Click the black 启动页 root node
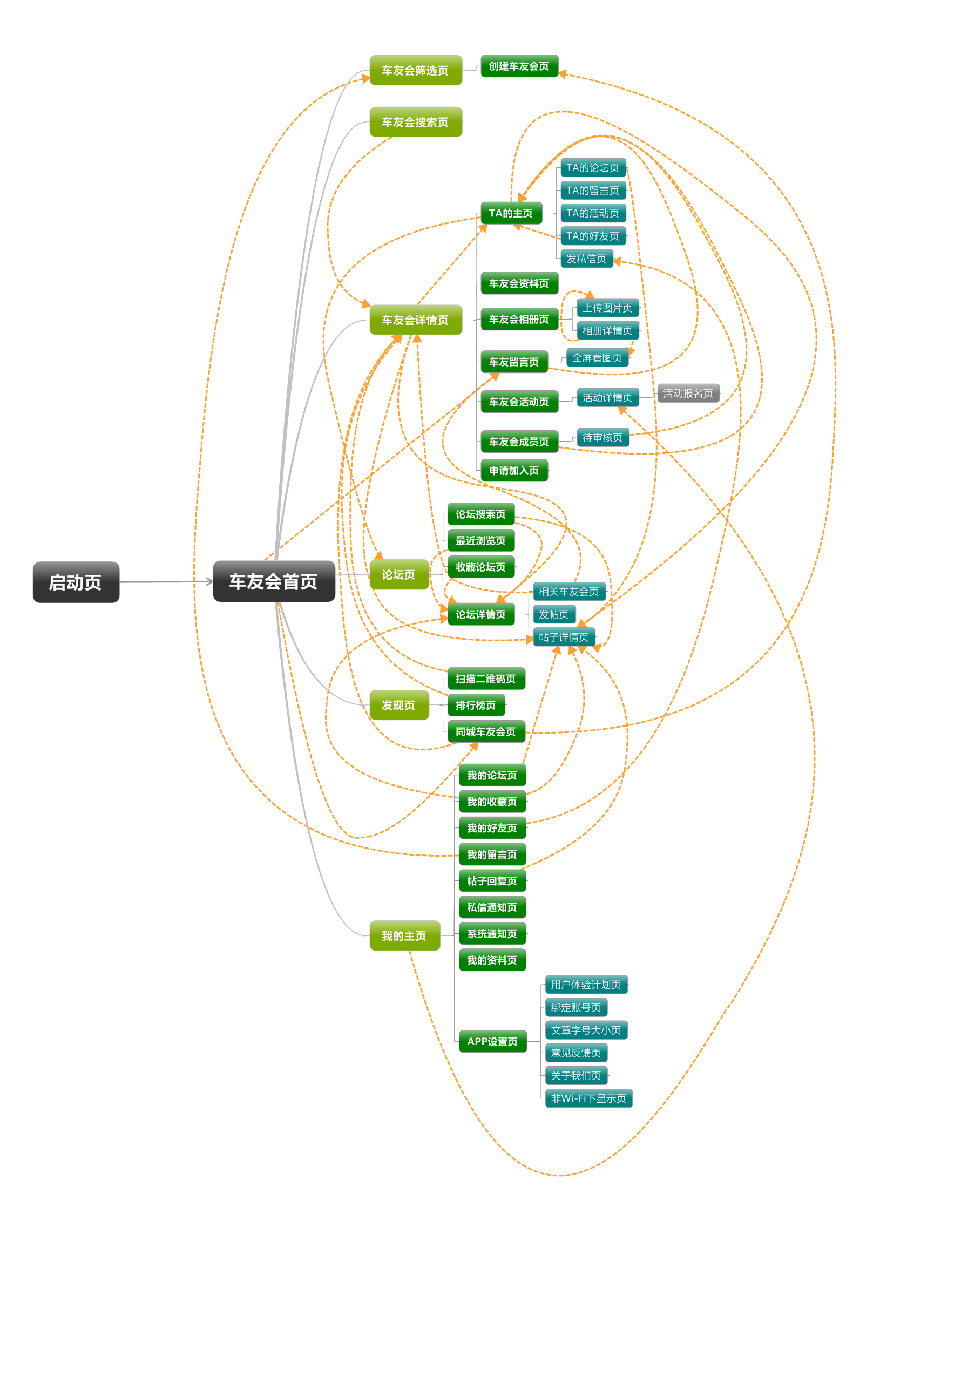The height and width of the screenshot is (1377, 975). [76, 582]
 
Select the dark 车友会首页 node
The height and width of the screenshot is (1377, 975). [274, 581]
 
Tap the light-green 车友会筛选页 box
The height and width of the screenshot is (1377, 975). [416, 70]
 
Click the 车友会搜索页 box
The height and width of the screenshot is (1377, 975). [416, 122]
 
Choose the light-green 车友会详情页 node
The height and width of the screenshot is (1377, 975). [416, 320]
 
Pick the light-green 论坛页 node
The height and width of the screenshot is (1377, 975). [398, 574]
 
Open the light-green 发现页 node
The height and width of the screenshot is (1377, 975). [398, 705]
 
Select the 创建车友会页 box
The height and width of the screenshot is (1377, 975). [519, 66]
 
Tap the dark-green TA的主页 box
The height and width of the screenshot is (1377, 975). [511, 213]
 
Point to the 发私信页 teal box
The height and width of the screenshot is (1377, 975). [586, 259]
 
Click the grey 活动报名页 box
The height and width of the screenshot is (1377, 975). [688, 393]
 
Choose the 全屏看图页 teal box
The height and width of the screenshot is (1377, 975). [597, 358]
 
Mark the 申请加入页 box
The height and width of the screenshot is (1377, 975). [514, 471]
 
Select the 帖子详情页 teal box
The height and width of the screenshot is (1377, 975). [564, 637]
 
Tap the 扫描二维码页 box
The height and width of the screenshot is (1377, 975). [486, 679]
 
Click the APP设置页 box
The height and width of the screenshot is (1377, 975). [492, 1041]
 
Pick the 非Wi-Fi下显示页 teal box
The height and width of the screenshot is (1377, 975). [588, 1098]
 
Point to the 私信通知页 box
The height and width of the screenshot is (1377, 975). [492, 907]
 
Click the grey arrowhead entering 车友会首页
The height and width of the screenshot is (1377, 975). [209, 581]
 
